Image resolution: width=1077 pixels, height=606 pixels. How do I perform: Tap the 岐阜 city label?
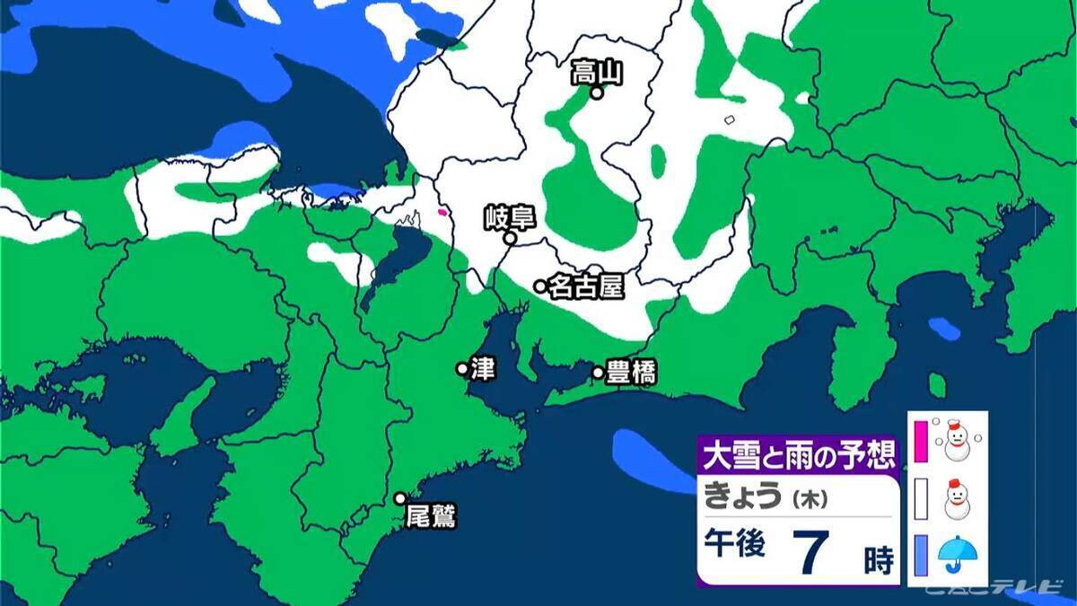click(x=509, y=217)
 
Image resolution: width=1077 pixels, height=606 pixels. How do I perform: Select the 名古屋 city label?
click(x=585, y=286)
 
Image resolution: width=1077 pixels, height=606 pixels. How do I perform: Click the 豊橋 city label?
click(x=631, y=373)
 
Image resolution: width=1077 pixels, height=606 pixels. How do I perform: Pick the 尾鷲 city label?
click(x=431, y=516)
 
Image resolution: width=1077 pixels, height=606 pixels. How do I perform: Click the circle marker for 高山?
click(x=595, y=92)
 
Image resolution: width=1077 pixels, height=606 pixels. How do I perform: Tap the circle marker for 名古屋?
click(x=540, y=286)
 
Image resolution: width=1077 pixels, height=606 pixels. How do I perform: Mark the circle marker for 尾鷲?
click(x=400, y=498)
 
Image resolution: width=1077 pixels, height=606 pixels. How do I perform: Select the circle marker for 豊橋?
click(x=598, y=373)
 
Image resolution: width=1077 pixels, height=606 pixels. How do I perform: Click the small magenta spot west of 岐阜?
click(x=442, y=213)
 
